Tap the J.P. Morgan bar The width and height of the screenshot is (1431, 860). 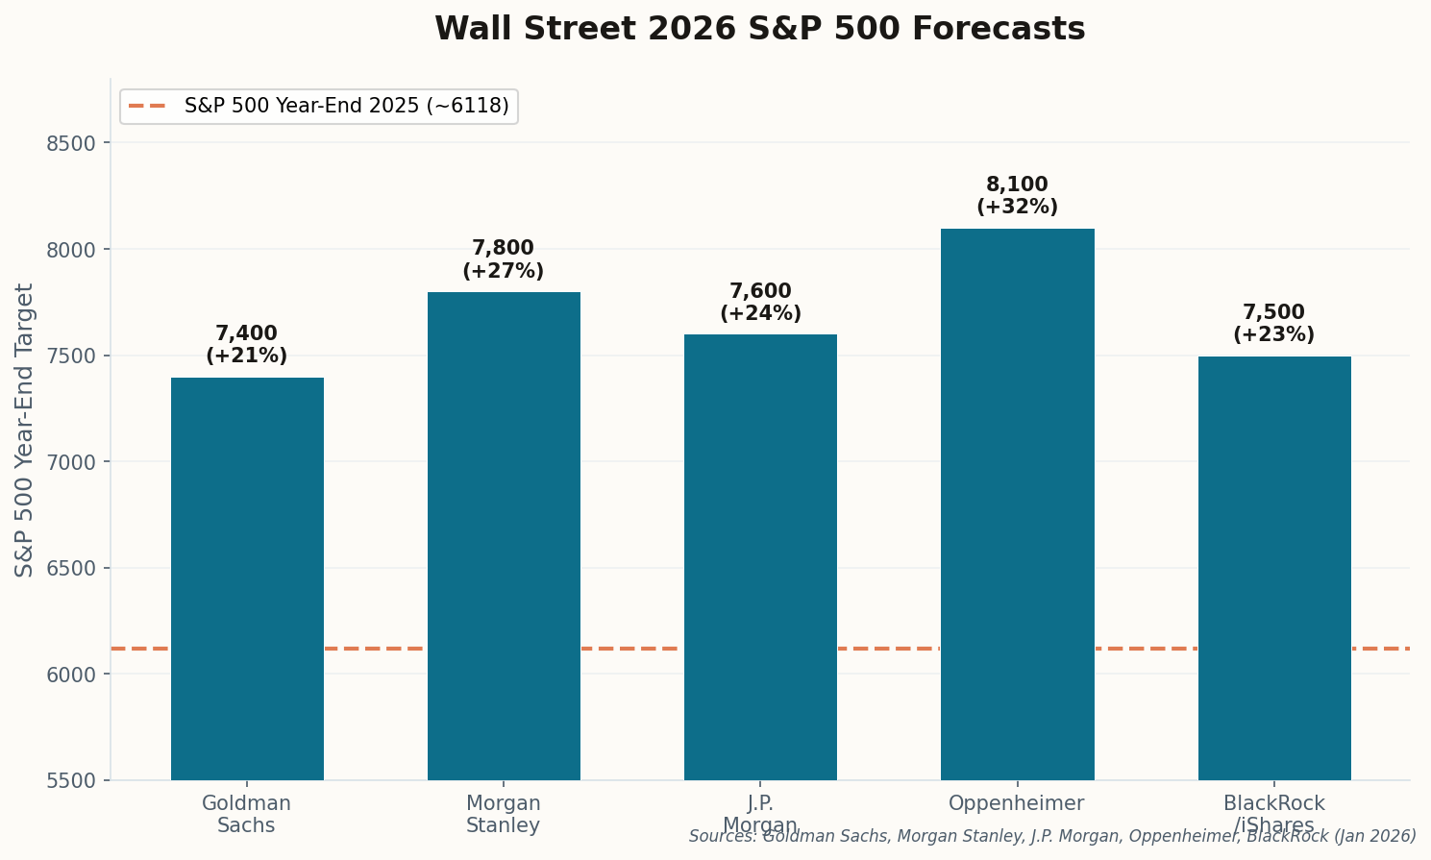click(760, 557)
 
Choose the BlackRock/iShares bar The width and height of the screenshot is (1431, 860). click(1273, 568)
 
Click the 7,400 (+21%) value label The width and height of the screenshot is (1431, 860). click(247, 345)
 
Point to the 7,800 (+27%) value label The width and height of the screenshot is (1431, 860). click(504, 260)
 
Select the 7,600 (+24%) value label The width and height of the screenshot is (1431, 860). click(760, 303)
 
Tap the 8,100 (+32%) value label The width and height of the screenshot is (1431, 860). click(1017, 196)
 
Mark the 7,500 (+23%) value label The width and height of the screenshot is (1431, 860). click(1273, 324)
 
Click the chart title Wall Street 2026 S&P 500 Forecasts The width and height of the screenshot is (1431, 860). click(759, 29)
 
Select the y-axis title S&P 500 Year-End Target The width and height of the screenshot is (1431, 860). click(25, 430)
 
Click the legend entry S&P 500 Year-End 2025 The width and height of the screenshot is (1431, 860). click(346, 107)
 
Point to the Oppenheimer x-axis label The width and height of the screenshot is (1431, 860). click(1017, 804)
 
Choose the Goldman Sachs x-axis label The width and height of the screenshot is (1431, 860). click(247, 815)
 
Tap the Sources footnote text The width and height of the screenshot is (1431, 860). click(1052, 837)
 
